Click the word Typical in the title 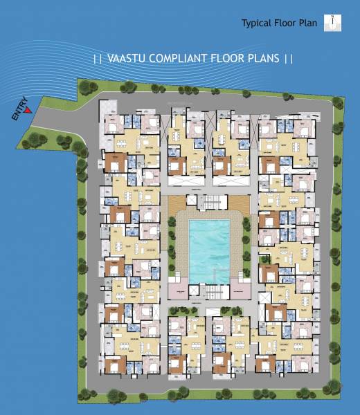click(255, 23)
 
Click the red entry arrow click(28, 109)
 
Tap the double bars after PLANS click(289, 59)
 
